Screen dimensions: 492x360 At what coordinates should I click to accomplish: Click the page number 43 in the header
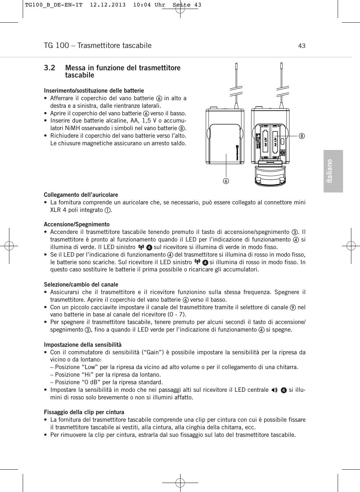pyautogui.click(x=302, y=46)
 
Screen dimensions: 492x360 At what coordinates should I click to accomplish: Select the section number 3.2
pyautogui.click(x=50, y=68)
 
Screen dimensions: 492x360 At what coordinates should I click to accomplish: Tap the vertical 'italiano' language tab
pyautogui.click(x=333, y=171)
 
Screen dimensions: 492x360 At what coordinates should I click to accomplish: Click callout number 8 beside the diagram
pyautogui.click(x=302, y=136)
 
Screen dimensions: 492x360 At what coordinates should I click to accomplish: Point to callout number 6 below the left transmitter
pyautogui.click(x=227, y=180)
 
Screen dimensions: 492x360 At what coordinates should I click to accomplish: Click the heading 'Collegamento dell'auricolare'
pyautogui.click(x=81, y=195)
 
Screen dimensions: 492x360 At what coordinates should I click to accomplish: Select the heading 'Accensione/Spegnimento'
pyautogui.click(x=76, y=224)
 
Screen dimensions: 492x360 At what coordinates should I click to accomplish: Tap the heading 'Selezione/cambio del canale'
pyautogui.click(x=81, y=284)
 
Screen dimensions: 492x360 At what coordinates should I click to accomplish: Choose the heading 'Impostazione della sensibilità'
pyautogui.click(x=83, y=345)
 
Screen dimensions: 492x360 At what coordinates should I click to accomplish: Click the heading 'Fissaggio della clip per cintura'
pyautogui.click(x=84, y=412)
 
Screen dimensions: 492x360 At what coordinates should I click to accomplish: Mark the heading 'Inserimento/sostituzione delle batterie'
pyautogui.click(x=94, y=90)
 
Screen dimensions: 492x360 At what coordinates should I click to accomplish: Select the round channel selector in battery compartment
pyautogui.click(x=283, y=153)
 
